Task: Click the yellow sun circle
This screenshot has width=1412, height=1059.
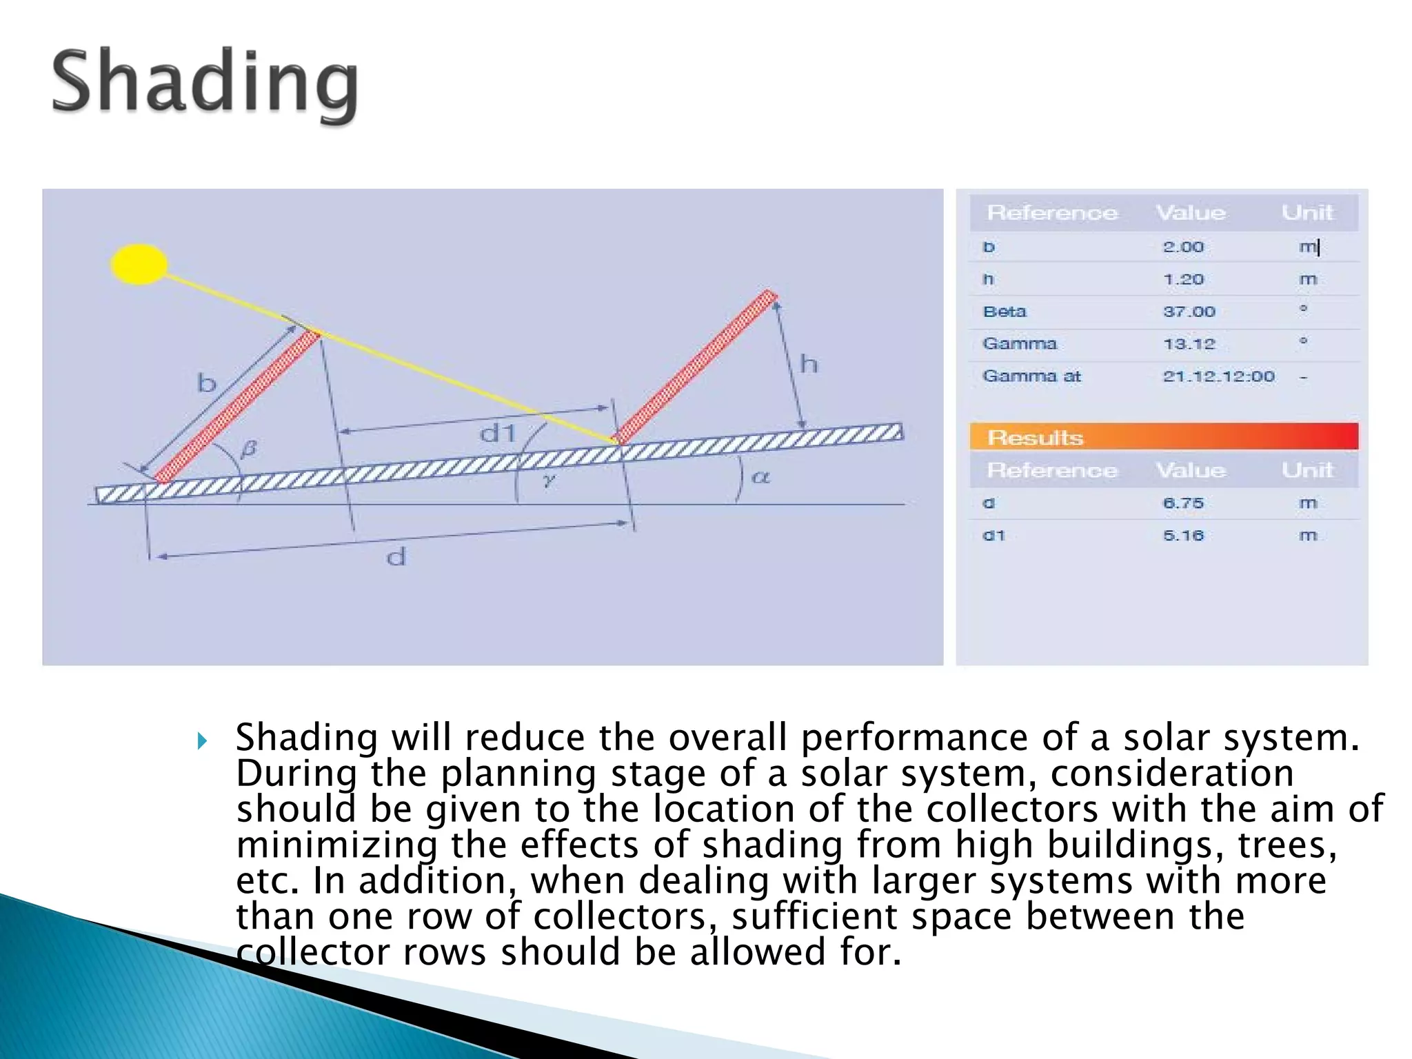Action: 139,264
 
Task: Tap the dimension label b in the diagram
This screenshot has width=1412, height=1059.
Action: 207,383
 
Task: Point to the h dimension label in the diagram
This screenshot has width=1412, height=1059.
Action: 809,363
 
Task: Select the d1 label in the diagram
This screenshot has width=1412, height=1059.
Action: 498,434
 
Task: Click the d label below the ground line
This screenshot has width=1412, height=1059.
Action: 396,556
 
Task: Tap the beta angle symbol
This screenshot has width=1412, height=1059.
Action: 249,449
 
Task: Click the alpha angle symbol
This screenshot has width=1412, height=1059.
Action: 760,476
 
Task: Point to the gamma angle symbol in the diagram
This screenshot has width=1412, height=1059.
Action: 549,481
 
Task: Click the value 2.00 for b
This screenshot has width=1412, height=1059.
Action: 1183,247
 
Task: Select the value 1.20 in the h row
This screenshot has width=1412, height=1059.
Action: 1183,279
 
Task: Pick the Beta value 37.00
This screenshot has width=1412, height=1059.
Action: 1189,312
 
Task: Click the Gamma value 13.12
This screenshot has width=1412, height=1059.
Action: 1189,343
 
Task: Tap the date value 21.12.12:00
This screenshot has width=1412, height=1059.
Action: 1218,376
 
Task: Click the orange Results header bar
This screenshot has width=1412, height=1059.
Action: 1163,437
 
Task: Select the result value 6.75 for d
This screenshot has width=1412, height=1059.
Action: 1183,503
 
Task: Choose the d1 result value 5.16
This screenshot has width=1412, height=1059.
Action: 1183,536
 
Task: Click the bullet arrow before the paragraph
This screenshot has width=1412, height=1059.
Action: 201,741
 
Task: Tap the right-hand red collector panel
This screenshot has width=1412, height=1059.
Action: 696,368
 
